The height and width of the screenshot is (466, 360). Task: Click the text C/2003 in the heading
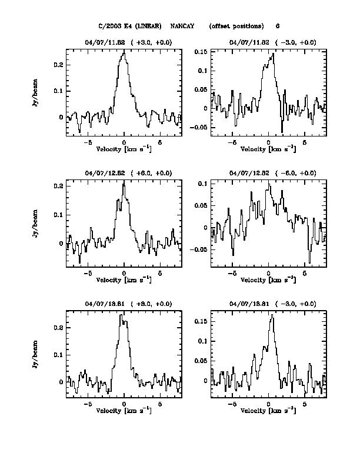[110, 26]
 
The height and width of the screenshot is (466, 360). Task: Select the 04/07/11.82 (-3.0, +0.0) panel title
[272, 42]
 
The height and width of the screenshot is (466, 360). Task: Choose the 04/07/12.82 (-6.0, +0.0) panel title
[272, 173]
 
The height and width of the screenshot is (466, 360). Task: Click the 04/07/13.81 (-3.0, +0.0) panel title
[272, 304]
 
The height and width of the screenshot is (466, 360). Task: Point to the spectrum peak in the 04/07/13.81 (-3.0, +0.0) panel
[272, 315]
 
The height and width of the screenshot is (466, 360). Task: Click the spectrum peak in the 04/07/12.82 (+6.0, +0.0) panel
[124, 181]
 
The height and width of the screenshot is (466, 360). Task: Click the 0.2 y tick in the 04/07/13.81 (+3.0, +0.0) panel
[58, 327]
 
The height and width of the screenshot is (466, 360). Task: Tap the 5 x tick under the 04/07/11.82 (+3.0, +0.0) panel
[159, 143]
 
